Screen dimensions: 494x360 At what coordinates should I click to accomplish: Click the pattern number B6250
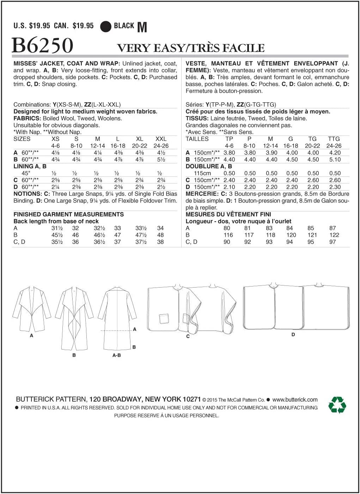[43, 45]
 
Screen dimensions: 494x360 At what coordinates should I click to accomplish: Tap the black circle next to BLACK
[105, 26]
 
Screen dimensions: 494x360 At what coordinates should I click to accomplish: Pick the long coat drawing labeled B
[75, 318]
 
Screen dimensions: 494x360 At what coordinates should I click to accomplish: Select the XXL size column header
[161, 139]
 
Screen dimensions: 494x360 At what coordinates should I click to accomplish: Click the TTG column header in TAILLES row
[334, 139]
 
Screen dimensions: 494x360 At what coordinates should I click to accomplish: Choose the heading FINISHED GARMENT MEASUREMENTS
[68, 214]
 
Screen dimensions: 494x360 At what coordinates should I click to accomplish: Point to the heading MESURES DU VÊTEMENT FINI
[228, 214]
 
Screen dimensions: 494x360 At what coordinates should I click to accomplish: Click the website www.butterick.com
[295, 400]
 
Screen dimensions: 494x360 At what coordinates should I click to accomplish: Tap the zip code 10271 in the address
[191, 399]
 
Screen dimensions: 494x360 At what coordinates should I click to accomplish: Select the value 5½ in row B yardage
[161, 159]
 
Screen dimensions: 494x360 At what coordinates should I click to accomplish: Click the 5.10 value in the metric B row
[335, 159]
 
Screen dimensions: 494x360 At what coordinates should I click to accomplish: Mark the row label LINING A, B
[30, 166]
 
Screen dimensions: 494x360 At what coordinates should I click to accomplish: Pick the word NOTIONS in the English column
[28, 194]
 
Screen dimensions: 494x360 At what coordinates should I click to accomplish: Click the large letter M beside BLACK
[142, 27]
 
